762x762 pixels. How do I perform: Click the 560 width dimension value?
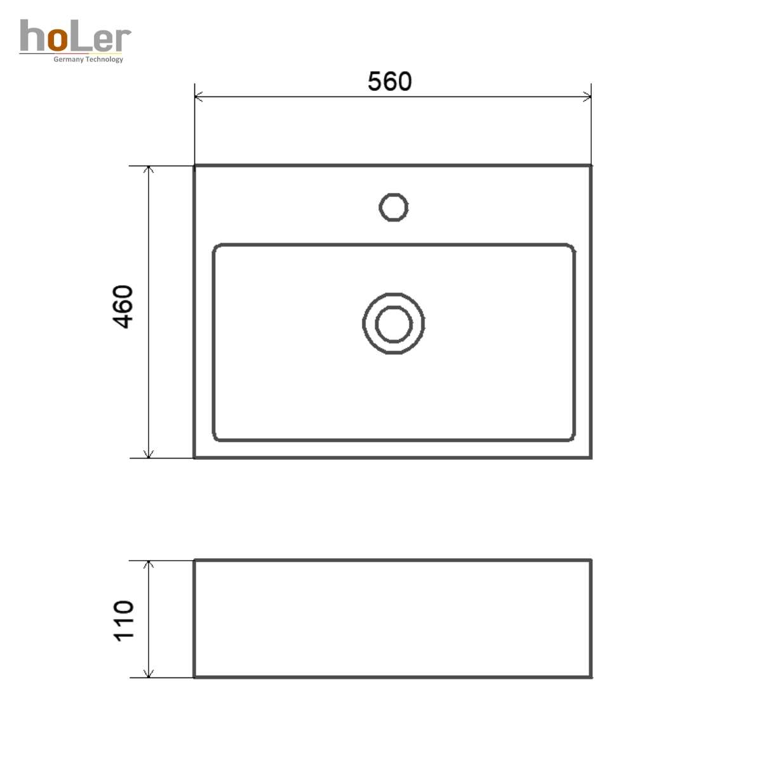[389, 81]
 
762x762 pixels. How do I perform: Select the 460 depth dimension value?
[123, 307]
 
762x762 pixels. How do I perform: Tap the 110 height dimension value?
[124, 621]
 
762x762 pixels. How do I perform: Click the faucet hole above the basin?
[394, 194]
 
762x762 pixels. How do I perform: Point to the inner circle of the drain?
[394, 307]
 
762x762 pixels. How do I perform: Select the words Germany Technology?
[88, 59]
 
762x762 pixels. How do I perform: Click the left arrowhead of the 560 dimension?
[199, 97]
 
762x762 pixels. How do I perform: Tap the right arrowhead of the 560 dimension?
[587, 97]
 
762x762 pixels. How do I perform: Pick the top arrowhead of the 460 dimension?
[149, 170]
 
